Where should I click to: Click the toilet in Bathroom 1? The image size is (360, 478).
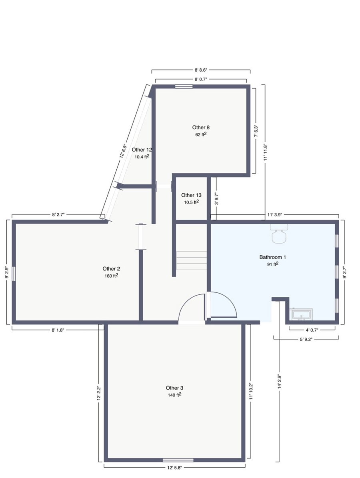(279, 234)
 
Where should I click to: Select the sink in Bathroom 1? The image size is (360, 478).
(302, 314)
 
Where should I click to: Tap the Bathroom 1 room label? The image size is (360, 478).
(272, 257)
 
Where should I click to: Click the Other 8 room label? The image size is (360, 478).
(201, 128)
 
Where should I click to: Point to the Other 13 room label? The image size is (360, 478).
(191, 195)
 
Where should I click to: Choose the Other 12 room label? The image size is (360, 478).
(142, 150)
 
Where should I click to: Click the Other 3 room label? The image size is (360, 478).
(174, 388)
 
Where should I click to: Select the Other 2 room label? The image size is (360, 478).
(111, 268)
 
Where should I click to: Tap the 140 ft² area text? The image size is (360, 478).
(175, 395)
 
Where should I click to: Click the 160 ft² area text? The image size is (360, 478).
(111, 276)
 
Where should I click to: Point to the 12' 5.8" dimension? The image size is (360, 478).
(175, 467)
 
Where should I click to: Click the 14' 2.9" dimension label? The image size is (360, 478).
(279, 381)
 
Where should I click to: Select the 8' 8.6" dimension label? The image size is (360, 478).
(201, 70)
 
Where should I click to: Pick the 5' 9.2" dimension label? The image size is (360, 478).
(306, 339)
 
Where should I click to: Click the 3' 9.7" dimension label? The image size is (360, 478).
(216, 198)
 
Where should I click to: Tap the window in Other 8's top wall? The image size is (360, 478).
(184, 86)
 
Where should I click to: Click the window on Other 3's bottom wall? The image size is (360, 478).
(178, 460)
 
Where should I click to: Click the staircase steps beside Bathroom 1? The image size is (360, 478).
(192, 261)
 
